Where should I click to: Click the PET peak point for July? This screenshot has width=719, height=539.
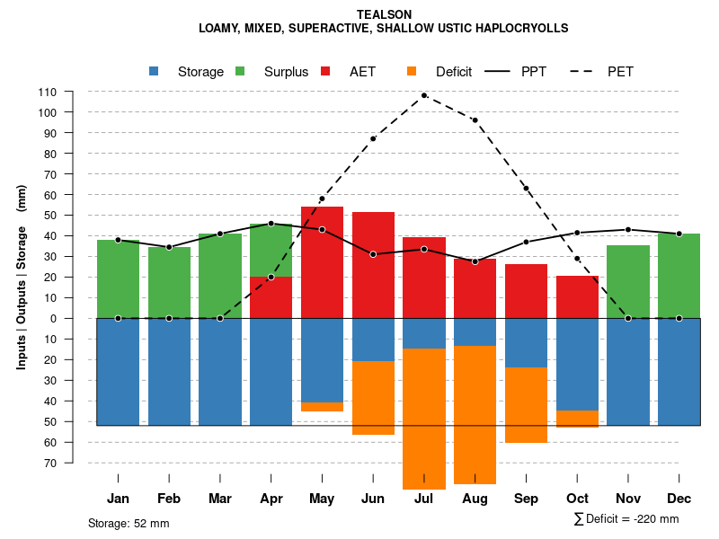pos(424,95)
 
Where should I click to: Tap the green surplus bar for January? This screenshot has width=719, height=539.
pos(118,278)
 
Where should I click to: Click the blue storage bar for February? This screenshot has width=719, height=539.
pos(169,372)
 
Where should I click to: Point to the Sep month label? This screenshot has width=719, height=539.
pos(526,499)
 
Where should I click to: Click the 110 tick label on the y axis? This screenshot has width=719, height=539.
pos(48,92)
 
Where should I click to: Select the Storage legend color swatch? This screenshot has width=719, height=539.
pos(154,71)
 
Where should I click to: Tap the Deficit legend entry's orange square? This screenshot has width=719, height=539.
pos(412,71)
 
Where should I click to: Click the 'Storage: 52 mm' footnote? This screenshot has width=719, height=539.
pos(129,523)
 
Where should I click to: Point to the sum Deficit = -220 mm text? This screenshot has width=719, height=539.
pos(626,519)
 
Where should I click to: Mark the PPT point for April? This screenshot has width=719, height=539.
pos(271,224)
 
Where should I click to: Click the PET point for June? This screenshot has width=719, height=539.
pos(373,138)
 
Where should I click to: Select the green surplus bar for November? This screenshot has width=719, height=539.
pos(628,281)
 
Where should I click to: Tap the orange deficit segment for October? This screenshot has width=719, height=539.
pos(577,419)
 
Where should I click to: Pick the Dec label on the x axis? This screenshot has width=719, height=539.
pos(679,499)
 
